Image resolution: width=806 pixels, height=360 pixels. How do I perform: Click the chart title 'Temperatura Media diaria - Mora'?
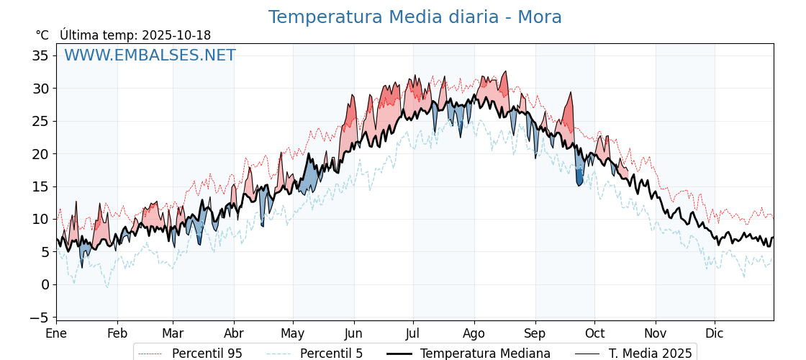pos(415,17)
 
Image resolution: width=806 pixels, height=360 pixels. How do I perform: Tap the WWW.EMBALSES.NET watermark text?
pos(150,55)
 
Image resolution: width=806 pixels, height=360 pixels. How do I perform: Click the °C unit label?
pos(42,35)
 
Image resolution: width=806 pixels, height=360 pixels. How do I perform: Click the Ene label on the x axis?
pos(56,333)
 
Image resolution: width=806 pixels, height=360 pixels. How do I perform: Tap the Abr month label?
pos(234,333)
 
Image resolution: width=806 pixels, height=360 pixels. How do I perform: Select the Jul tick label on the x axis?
pos(413,333)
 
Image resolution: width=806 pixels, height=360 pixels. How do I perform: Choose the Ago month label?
pos(474,333)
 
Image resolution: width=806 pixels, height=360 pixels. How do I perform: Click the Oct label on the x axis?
pos(594,333)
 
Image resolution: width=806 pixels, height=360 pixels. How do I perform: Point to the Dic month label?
pos(715,333)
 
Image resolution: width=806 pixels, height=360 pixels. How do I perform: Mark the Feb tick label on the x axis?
pos(117,333)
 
